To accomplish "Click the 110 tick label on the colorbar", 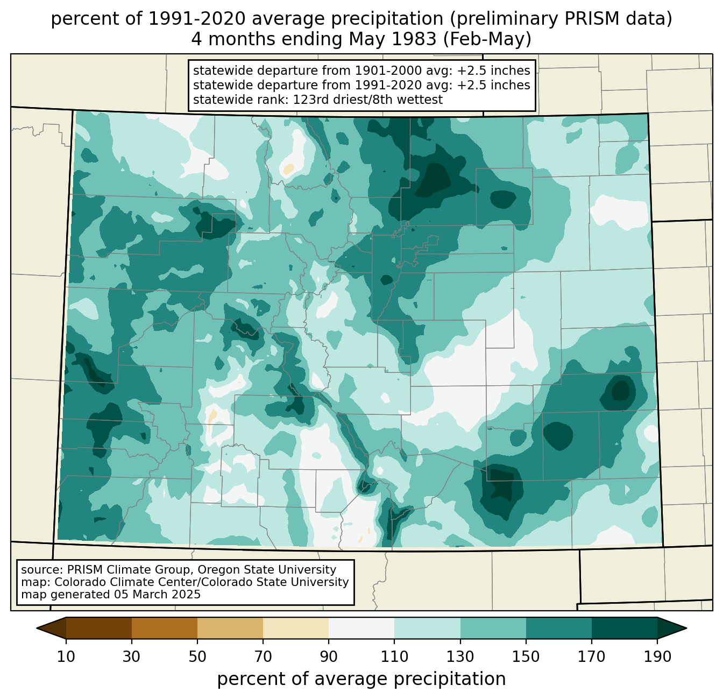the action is (x=394, y=656).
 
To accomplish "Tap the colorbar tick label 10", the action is (x=66, y=656).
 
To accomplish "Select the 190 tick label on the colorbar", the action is (x=657, y=656).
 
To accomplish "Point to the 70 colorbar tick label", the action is (x=263, y=656).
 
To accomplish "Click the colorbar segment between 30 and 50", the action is (x=164, y=628).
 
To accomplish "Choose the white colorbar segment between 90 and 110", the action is (x=361, y=628).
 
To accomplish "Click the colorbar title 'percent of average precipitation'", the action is (x=361, y=679).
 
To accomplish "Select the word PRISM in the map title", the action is (x=587, y=19).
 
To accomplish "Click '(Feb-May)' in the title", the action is (x=487, y=39).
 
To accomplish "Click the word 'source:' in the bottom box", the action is (x=42, y=570).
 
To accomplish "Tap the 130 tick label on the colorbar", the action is (x=460, y=656).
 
